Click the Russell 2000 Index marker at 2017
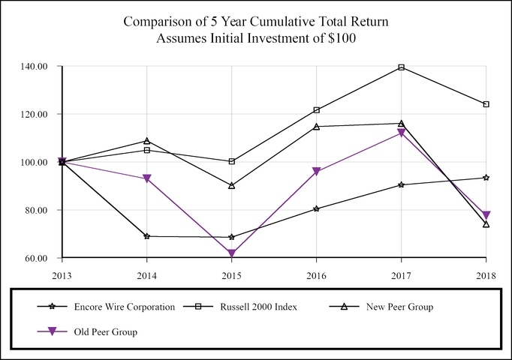pyautogui.click(x=401, y=67)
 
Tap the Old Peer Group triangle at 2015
pyautogui.click(x=231, y=253)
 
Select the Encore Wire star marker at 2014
pyautogui.click(x=146, y=236)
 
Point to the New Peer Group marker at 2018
pyautogui.click(x=486, y=223)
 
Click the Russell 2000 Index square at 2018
pyautogui.click(x=486, y=104)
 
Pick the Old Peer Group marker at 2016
pyautogui.click(x=316, y=172)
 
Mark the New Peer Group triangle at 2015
pyautogui.click(x=231, y=185)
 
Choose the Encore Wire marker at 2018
pyautogui.click(x=486, y=178)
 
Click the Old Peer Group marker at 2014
pyautogui.click(x=146, y=179)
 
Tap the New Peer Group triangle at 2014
pyautogui.click(x=146, y=141)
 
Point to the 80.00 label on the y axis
pyautogui.click(x=37, y=210)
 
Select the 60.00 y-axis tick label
pyautogui.click(x=37, y=258)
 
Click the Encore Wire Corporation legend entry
pyautogui.click(x=124, y=307)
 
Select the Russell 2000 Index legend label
pyautogui.click(x=259, y=307)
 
